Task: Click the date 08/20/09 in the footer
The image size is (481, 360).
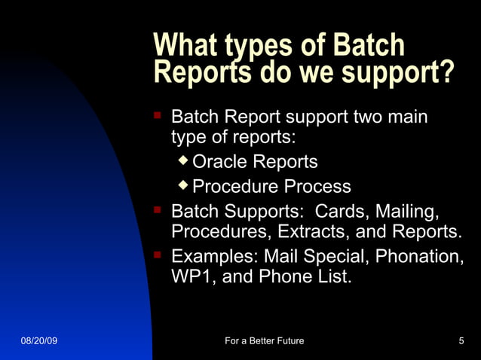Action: click(38, 341)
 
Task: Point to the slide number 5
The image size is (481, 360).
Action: click(461, 341)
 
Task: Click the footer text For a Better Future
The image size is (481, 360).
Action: click(265, 341)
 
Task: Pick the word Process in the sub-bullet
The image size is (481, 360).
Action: click(319, 187)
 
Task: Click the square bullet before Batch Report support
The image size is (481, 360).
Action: click(158, 117)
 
